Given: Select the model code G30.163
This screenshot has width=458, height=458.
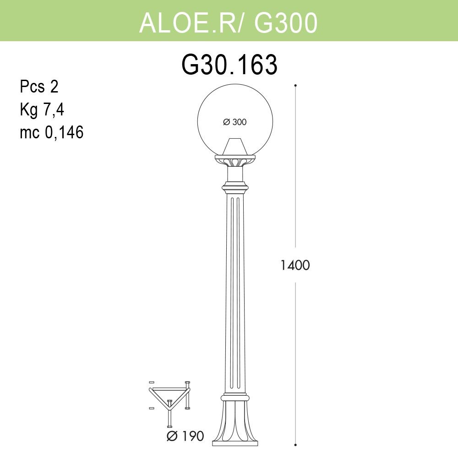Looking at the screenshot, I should pos(229,65).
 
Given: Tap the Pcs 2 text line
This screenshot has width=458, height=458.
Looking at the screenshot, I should pos(39,86).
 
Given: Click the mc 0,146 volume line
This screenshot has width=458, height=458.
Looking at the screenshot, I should pos(52,133).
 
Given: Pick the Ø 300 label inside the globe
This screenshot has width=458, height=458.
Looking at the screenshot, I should pos(234,122).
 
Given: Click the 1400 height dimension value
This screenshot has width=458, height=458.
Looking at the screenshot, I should pos(295,265).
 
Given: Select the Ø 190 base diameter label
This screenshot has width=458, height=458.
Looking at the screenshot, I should pos(185,436).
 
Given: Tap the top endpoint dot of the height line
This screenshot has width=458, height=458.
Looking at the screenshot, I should pos(295,85).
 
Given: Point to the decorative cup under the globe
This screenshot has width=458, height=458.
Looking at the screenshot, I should pos(235,161).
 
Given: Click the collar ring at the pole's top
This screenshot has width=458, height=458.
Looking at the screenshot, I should pos(235,187).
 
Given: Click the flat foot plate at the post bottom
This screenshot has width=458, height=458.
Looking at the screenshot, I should pos(235,443).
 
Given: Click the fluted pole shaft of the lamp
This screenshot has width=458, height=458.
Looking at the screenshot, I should pos(235,293).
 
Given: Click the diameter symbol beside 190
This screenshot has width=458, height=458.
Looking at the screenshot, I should pos(172,436).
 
